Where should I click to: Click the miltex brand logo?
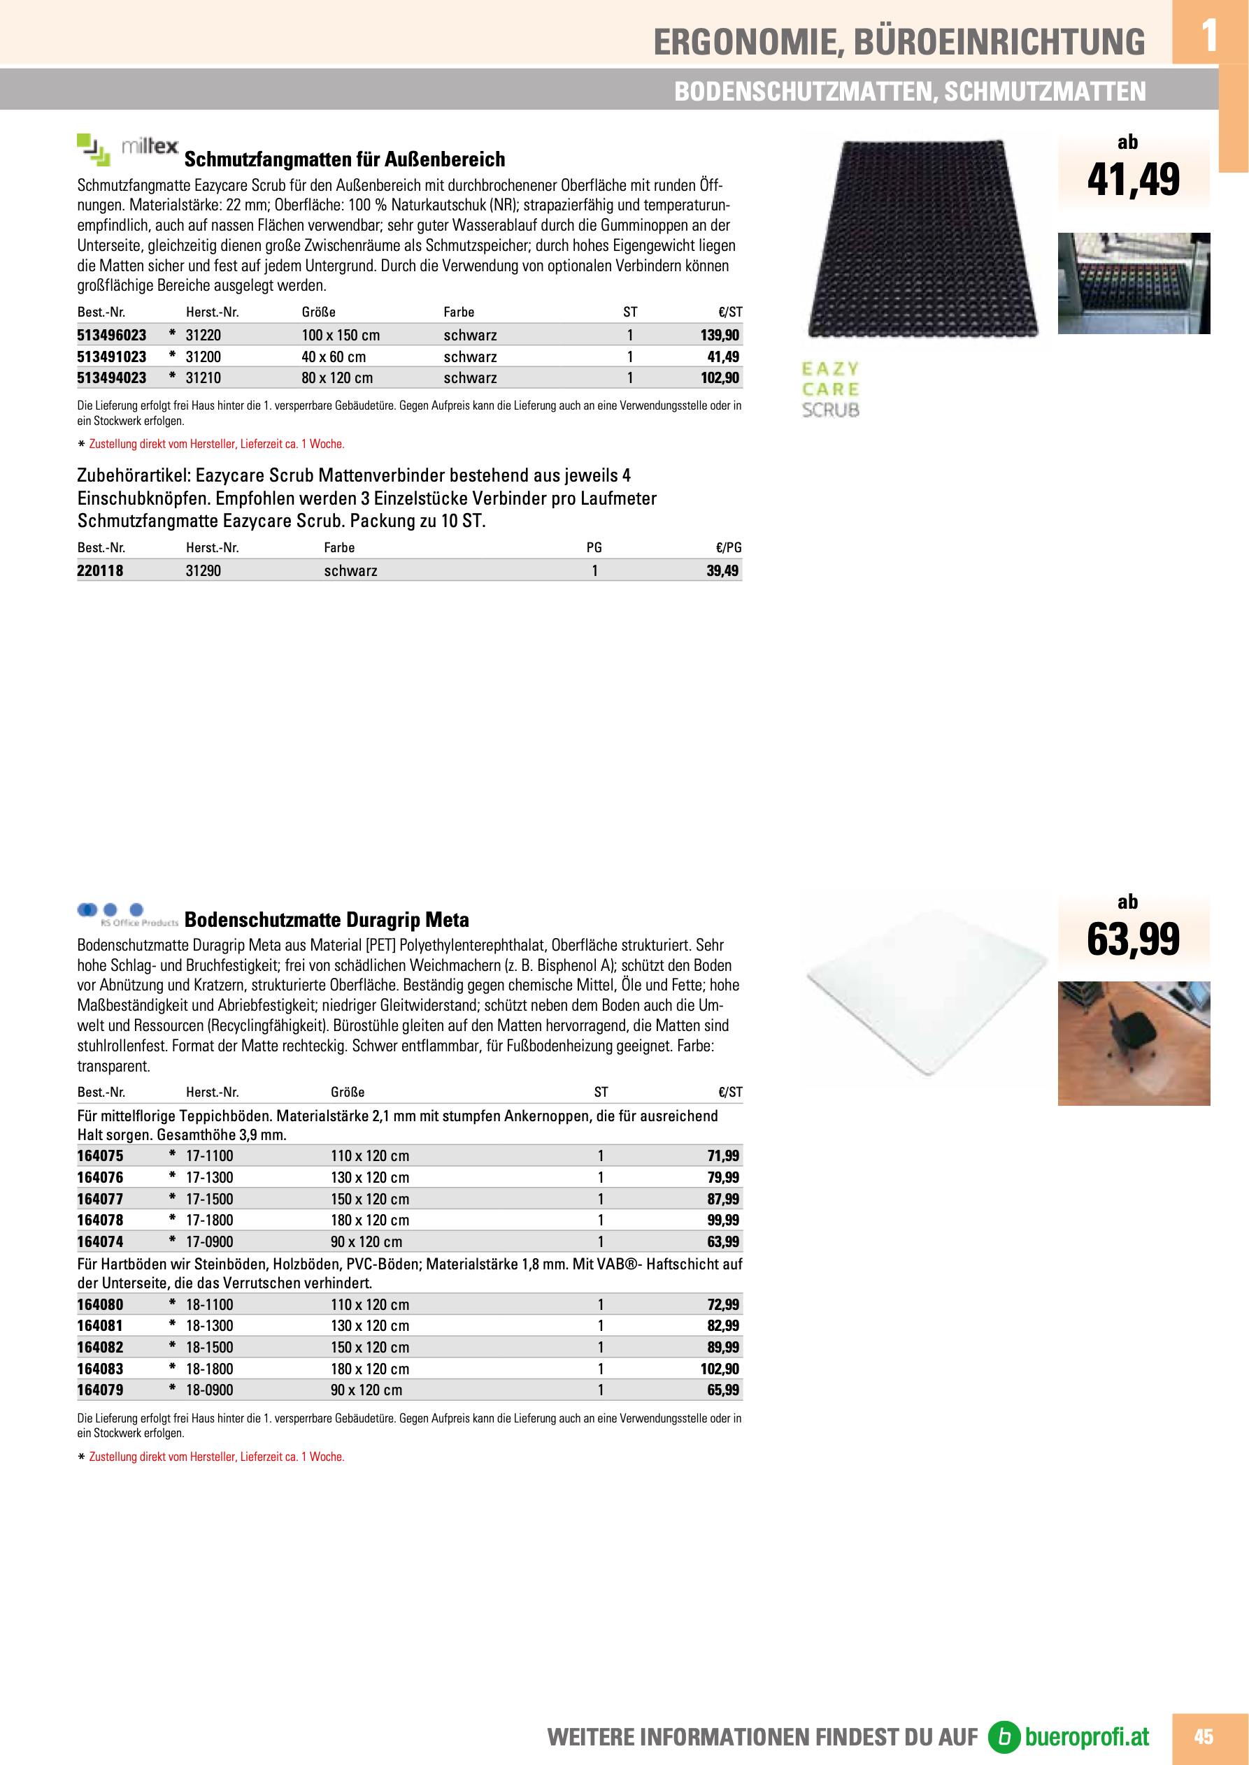(128, 148)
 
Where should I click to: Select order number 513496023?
(111, 335)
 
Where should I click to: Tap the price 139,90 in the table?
(719, 335)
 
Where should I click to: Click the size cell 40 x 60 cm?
(334, 356)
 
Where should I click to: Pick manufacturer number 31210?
(203, 378)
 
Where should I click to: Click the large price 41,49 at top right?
(1133, 180)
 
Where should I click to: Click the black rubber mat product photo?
(923, 238)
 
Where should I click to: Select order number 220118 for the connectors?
(100, 570)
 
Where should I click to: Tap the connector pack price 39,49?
(722, 570)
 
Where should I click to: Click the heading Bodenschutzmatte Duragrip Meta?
(326, 920)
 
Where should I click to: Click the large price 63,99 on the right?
(1133, 939)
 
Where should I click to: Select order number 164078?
(100, 1220)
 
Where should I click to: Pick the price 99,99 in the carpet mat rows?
(723, 1220)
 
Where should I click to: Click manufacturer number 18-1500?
(209, 1347)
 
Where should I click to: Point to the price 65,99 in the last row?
(723, 1390)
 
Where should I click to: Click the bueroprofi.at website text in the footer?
(1086, 1736)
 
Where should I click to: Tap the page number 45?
(1203, 1736)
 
